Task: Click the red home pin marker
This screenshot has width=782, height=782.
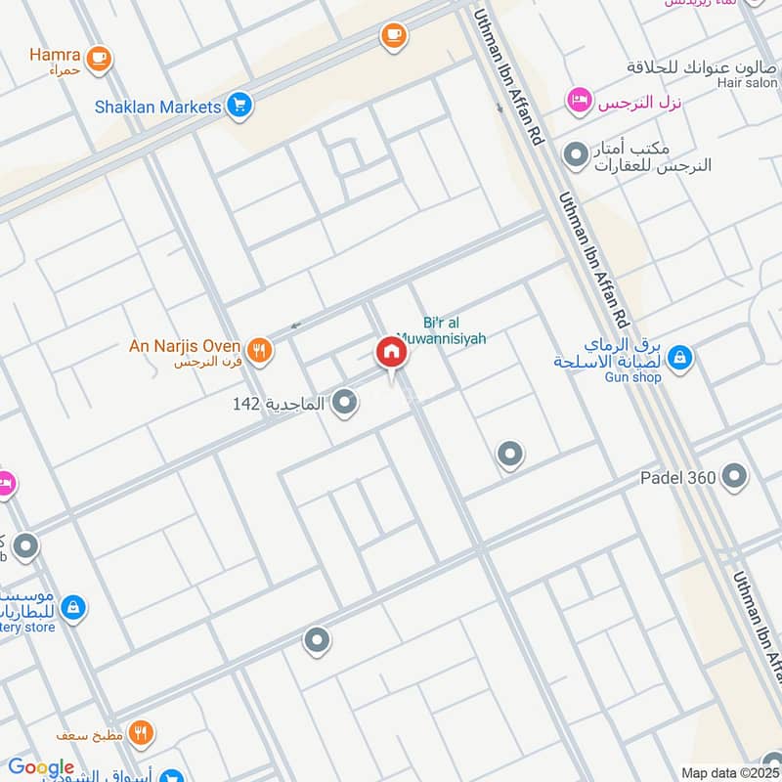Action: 391,353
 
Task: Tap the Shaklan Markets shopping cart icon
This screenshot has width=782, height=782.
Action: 239,106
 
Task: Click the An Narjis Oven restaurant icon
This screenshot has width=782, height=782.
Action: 259,350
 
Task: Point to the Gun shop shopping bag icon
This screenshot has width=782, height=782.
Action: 680,359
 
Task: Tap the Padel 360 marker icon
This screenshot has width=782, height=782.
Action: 734,477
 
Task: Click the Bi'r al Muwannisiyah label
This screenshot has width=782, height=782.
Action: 455,330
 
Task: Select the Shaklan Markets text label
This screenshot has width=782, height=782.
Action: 157,106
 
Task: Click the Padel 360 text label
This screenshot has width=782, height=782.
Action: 678,478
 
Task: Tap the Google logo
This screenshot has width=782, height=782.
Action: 41,767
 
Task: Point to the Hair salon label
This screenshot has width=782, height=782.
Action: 747,84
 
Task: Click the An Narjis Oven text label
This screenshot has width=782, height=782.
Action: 186,345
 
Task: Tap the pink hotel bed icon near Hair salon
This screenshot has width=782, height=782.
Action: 579,101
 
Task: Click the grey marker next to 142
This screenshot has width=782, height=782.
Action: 344,402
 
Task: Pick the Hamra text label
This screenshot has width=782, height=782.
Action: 55,55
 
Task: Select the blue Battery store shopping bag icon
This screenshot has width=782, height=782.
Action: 72,607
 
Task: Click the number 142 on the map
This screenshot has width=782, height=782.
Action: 245,403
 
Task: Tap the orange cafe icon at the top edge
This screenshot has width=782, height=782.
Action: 394,35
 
